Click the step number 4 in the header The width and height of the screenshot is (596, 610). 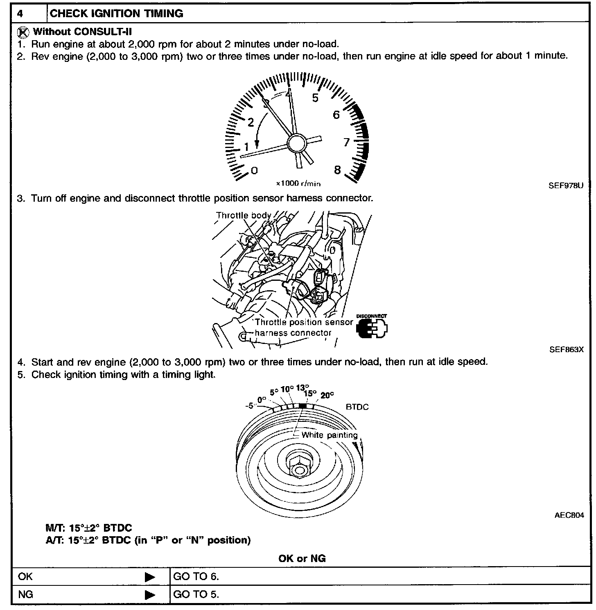coord(20,14)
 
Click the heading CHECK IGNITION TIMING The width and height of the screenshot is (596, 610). coord(116,14)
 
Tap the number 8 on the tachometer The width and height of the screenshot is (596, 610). coord(337,170)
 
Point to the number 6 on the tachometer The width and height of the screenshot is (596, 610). coord(336,115)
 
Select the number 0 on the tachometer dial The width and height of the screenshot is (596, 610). coord(254,170)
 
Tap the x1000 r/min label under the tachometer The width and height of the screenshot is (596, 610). coord(298,184)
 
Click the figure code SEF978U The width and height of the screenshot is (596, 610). coord(566,185)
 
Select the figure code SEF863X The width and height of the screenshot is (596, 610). coord(567,350)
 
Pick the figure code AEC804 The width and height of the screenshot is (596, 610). coord(569,515)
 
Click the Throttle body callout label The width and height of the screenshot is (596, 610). coord(244,216)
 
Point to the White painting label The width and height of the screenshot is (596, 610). coord(329,435)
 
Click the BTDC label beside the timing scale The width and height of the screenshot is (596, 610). coord(357,407)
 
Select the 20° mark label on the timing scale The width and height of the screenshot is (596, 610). coord(327,395)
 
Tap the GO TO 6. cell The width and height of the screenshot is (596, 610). coord(196,576)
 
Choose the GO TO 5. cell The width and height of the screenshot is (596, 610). coord(196,594)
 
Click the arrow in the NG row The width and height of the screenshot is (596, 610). coord(150,594)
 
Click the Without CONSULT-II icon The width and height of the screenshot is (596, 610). coord(25,32)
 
